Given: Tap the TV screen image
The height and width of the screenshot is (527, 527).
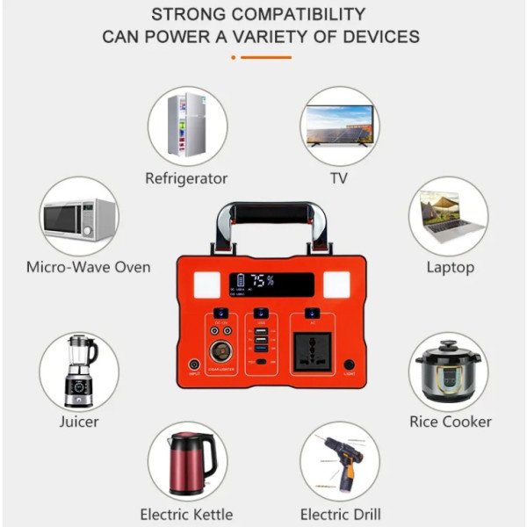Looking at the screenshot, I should (x=339, y=124).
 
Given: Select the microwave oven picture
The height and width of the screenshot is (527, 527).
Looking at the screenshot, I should (x=79, y=217).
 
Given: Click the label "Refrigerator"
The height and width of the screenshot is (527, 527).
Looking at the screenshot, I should (x=186, y=178).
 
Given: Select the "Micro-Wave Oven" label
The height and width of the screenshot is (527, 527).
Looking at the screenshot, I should (x=88, y=267).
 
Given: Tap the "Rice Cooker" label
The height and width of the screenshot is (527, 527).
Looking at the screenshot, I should (x=450, y=422).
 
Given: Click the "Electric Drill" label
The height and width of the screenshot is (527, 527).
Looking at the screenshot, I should (x=340, y=514).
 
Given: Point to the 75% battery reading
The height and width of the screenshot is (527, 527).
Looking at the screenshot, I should (x=261, y=282).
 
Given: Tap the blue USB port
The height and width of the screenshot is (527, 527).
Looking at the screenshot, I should (x=260, y=331).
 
